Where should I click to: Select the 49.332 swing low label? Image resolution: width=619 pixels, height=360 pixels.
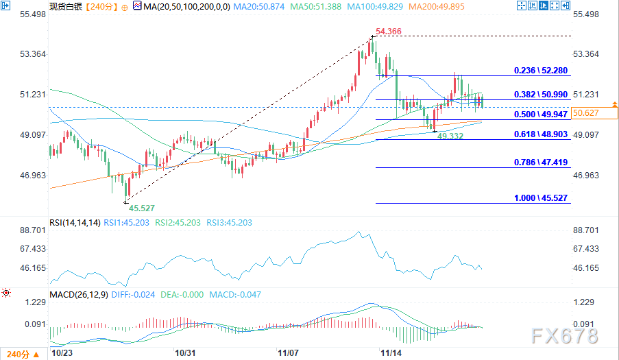450,137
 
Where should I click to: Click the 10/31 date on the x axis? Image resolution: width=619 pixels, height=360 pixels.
186,352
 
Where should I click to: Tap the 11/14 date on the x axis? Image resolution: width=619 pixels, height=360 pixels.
391,352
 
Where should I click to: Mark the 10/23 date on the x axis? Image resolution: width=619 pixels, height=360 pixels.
62,352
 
